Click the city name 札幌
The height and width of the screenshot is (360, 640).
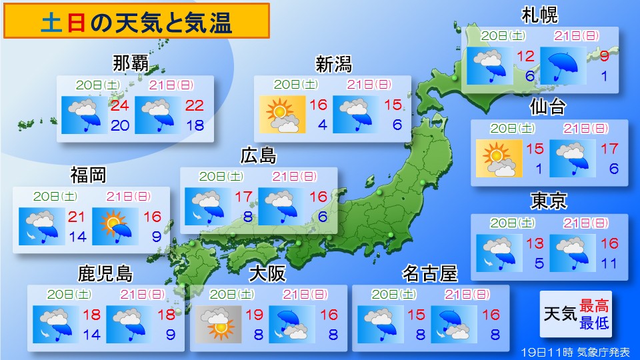coord(540,15)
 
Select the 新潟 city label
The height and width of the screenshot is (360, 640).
coord(333,65)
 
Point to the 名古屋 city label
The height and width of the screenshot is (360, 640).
coord(430,273)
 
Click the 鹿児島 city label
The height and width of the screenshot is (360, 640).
coord(106,273)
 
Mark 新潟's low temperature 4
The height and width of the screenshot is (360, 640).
coord(322,125)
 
